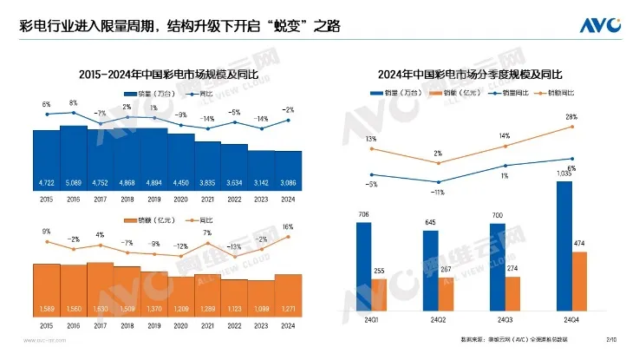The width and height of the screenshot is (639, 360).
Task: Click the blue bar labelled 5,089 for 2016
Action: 74,156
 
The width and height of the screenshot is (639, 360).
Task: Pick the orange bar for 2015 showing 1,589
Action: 47,291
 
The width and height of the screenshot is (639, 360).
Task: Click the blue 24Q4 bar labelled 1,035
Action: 565,246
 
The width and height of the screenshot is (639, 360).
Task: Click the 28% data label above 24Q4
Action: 571,116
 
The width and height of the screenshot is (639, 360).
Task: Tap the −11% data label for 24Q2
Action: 438,193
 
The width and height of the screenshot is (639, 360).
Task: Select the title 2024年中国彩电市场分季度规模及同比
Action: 477,75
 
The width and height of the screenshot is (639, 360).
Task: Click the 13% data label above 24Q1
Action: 370,139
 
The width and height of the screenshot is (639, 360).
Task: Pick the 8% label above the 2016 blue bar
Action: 73,103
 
